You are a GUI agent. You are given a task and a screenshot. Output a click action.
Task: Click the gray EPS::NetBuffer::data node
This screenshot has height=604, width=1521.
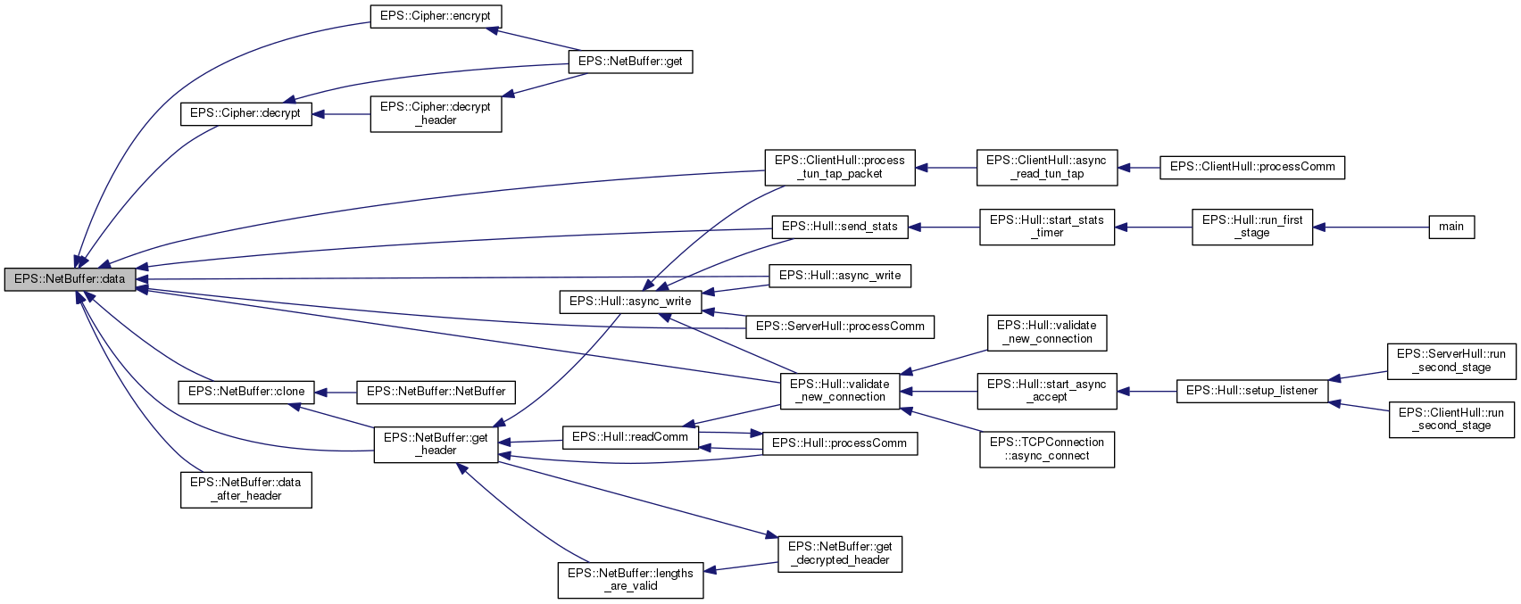pos(70,279)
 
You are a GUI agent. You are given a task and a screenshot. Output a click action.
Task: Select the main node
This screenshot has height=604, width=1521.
pos(1450,227)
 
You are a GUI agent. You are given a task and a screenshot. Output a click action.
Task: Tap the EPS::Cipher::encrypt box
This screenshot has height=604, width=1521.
pos(436,16)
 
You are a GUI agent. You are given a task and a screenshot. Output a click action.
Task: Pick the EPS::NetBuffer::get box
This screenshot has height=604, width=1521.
pos(630,62)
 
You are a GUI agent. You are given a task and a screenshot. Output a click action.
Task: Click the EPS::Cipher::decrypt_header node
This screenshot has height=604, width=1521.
pos(436,114)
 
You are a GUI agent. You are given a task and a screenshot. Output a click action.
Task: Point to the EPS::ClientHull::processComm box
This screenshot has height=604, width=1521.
pos(1251,167)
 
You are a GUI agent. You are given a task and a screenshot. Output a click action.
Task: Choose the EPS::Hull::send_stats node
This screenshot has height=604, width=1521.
pos(839,227)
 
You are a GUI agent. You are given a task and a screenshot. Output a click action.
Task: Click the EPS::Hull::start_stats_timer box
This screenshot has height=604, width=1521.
pos(1046,227)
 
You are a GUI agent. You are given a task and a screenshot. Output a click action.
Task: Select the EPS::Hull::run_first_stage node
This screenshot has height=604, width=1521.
pos(1251,227)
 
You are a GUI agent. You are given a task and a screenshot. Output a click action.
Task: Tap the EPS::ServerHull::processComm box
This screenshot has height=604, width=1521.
pos(840,327)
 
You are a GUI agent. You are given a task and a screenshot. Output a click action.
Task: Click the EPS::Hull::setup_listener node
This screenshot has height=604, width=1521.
pos(1251,391)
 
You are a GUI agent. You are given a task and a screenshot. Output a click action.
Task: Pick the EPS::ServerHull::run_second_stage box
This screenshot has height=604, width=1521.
pos(1450,360)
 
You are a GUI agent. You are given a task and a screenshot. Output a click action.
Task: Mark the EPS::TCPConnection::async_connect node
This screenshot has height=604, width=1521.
pos(1046,449)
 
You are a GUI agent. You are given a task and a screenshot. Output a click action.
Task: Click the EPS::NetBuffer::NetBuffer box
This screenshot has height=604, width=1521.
pos(436,391)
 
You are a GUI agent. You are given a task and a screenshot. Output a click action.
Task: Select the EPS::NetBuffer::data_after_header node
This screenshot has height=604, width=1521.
pos(245,489)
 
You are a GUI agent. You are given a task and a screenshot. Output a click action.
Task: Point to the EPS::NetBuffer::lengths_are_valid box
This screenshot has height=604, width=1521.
pos(630,580)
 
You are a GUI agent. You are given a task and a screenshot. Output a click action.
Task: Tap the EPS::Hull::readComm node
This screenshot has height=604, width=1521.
pos(629,437)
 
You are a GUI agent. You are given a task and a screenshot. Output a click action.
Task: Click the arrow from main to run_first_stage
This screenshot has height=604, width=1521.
pos(1370,227)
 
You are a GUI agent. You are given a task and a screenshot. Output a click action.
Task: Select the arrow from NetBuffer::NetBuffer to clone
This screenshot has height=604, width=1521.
pos(336,392)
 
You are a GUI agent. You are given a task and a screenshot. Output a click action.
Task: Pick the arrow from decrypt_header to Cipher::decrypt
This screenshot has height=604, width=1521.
pos(341,114)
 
